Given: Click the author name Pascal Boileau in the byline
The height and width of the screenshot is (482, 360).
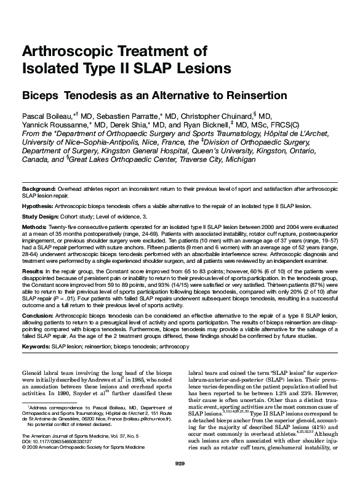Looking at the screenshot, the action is (x=47, y=116).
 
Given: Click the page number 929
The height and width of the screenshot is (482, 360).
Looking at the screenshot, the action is (x=180, y=462).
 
